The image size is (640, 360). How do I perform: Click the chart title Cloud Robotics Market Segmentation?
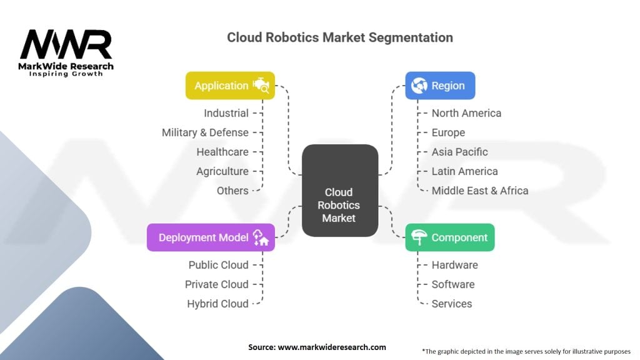(x=339, y=37)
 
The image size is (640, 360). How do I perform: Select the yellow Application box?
(x=230, y=86)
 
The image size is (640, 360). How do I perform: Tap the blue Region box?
(x=440, y=86)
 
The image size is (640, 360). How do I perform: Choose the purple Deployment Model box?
(x=211, y=237)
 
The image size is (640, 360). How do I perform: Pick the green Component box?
(x=449, y=237)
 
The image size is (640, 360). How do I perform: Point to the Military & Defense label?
(x=205, y=132)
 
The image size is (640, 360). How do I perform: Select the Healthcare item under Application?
(x=222, y=152)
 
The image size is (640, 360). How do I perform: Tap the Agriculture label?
(x=222, y=171)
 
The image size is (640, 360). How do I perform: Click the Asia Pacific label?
(x=459, y=152)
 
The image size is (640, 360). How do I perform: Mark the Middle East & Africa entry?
(x=479, y=191)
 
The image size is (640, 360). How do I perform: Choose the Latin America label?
(x=464, y=171)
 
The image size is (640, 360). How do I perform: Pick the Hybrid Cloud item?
(x=217, y=304)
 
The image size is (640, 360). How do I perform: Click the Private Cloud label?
(x=216, y=284)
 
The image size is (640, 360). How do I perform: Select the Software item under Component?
(x=452, y=284)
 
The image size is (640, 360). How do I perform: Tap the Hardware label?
(x=454, y=265)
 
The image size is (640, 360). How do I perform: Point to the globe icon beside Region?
(x=419, y=86)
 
